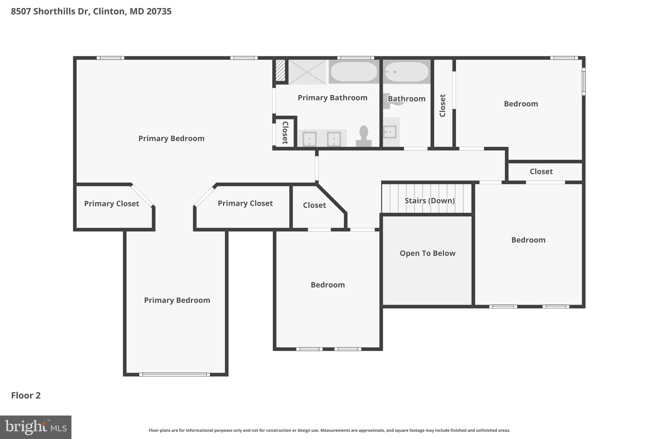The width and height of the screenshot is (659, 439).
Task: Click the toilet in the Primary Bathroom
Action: click(x=364, y=137)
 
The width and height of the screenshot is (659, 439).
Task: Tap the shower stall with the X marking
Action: click(x=307, y=72)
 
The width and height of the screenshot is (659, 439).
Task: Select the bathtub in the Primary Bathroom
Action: click(x=354, y=72)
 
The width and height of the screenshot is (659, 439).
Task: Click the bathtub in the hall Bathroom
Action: click(x=406, y=72)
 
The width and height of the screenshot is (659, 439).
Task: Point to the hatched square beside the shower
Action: click(x=280, y=70)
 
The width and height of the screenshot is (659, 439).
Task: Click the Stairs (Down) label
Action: click(x=430, y=201)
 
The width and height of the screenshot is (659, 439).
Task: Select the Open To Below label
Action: click(x=427, y=253)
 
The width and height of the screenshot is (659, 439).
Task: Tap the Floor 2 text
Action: click(x=26, y=395)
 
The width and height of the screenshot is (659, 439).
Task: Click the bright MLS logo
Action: click(x=35, y=427)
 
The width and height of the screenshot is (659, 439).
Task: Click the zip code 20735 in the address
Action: click(x=159, y=11)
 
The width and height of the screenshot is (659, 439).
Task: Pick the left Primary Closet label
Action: click(x=111, y=204)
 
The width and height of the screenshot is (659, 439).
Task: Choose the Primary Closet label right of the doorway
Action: click(x=245, y=203)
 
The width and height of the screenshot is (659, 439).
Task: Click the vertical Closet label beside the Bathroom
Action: click(x=442, y=105)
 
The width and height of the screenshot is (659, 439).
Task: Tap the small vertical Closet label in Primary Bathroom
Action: click(x=285, y=133)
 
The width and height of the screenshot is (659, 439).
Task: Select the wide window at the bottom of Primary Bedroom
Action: click(x=174, y=375)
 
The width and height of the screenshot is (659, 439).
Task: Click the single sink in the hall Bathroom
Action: click(x=390, y=132)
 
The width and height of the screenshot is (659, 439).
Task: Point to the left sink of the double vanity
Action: click(x=310, y=139)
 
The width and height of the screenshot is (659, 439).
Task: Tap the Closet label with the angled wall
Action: click(x=314, y=205)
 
